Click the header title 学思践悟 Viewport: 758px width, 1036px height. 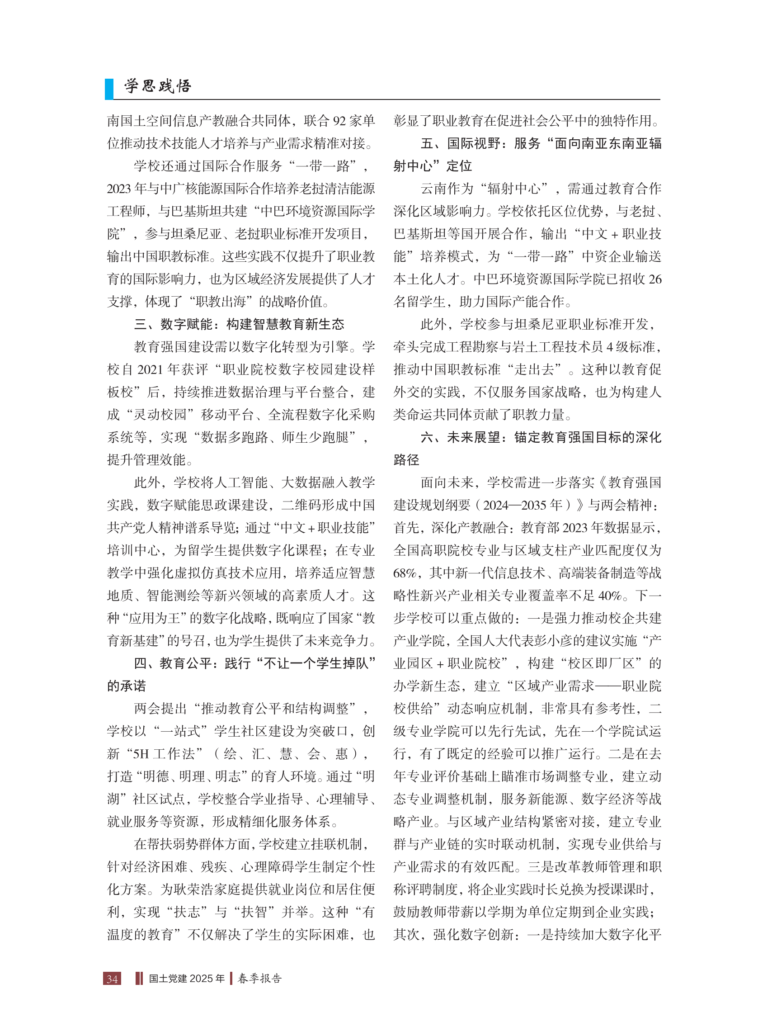(157, 86)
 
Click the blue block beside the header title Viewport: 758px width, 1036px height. (109, 89)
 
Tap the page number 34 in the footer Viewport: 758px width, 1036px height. (113, 978)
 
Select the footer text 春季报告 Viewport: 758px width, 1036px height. (260, 978)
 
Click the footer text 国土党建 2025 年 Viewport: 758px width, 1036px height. (187, 978)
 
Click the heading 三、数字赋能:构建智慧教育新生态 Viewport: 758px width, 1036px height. (239, 325)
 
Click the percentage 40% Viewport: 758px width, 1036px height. (610, 596)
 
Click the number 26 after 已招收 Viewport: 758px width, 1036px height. (655, 279)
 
